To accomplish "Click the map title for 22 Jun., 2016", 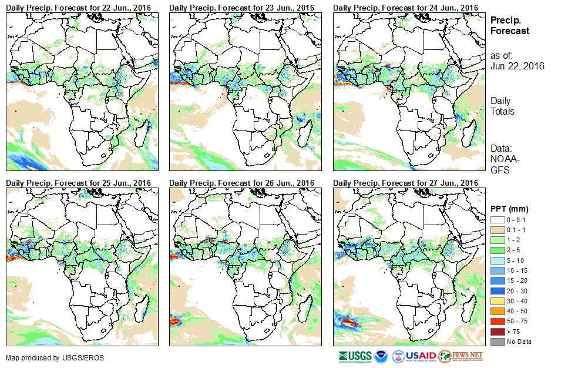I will [79, 7].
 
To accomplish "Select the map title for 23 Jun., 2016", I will [242, 7].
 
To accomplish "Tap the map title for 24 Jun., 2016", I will [405, 7].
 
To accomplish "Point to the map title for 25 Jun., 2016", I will [79, 183].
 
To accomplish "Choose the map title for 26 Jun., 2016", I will [242, 183].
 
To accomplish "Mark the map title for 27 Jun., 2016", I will [405, 183].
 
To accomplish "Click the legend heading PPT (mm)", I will [509, 209].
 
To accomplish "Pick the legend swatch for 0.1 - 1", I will [498, 229].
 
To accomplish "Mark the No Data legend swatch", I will [498, 342].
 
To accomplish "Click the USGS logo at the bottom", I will [354, 356].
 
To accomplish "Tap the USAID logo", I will [421, 356].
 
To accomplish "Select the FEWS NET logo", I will [461, 356].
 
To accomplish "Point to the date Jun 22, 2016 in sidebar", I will [517, 66].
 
